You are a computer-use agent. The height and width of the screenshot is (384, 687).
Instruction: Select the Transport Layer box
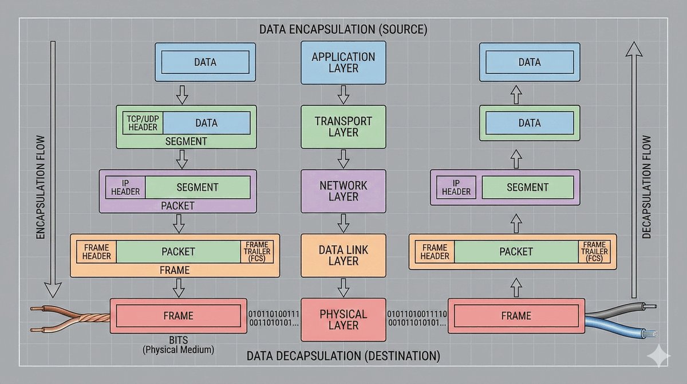[343, 127]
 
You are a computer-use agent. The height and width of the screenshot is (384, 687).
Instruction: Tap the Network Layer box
[343, 191]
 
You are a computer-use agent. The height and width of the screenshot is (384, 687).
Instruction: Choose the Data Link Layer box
[343, 256]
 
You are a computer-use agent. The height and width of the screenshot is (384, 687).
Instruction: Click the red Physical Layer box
[343, 320]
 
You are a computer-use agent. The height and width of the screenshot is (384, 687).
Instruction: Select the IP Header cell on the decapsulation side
[456, 187]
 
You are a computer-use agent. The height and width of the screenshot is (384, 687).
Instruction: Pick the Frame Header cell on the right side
[435, 252]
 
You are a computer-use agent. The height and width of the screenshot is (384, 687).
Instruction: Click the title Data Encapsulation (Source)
[343, 29]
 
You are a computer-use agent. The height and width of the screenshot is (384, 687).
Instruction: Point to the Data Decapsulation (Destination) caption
[343, 356]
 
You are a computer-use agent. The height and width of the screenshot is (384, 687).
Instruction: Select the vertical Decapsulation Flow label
[647, 186]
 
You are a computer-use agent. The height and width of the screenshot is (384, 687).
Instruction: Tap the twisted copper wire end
[69, 321]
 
